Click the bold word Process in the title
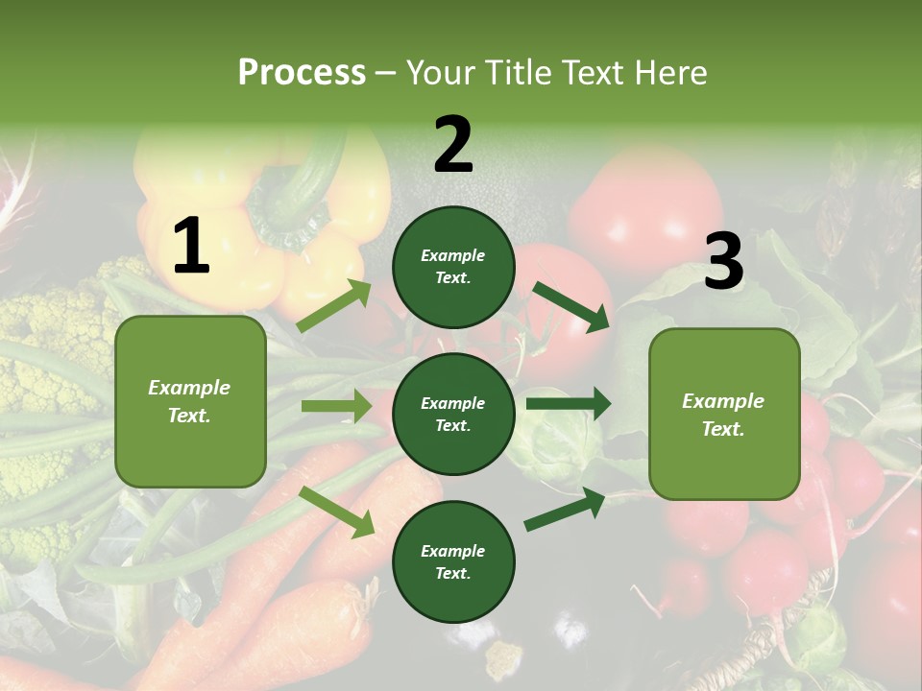(302, 73)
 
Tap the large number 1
(191, 247)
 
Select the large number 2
(453, 145)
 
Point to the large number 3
(723, 262)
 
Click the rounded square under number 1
(190, 401)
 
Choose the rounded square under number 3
(724, 414)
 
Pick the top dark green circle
(453, 267)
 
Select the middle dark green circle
(453, 414)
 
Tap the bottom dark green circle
(453, 561)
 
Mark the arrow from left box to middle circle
(336, 406)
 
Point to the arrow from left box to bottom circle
(336, 512)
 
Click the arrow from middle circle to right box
(569, 404)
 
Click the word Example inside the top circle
(453, 256)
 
